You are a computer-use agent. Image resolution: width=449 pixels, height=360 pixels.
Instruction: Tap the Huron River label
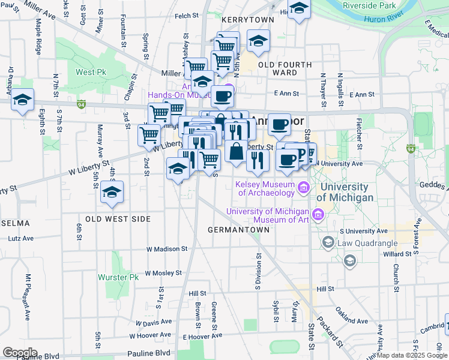[x=383, y=18]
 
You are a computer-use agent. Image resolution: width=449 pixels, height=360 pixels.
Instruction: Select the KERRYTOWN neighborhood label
[x=247, y=20]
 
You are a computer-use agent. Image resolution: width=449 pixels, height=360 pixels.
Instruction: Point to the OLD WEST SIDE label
[x=118, y=219]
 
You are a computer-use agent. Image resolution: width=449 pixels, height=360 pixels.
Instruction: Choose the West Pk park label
[x=91, y=72]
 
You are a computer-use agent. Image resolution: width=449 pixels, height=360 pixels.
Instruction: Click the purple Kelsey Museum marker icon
[x=304, y=188]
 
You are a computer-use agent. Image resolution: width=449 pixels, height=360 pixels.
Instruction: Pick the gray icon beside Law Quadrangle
[x=328, y=242]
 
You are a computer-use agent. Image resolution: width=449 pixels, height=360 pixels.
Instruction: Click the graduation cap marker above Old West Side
[x=112, y=193]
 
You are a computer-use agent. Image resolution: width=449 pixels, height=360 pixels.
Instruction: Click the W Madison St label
[x=167, y=249]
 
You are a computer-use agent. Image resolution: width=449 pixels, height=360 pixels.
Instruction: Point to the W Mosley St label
[x=163, y=272]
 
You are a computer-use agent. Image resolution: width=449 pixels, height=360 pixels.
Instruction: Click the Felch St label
[x=187, y=16]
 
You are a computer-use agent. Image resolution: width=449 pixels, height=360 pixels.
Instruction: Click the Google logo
[x=20, y=353]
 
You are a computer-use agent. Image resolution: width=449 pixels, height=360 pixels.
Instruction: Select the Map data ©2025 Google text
[x=411, y=355]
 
